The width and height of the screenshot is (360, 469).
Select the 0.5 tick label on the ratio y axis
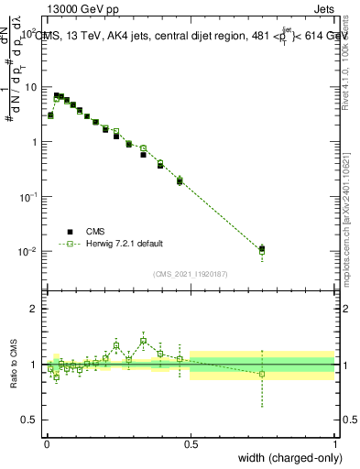[x=30, y=420]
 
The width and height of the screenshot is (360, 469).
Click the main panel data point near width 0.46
[x=180, y=181]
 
